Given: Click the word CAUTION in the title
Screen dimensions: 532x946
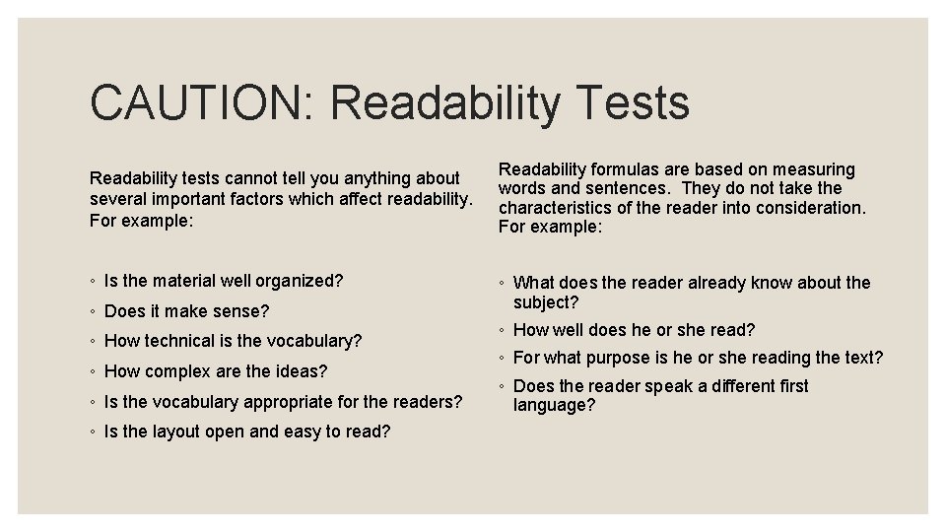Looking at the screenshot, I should (198, 102).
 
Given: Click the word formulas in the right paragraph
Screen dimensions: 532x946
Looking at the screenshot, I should (624, 169).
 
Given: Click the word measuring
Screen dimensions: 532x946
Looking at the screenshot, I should (814, 169).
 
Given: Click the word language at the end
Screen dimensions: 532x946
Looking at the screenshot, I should (554, 405).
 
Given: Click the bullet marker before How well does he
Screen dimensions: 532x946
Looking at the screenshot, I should (503, 330).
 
